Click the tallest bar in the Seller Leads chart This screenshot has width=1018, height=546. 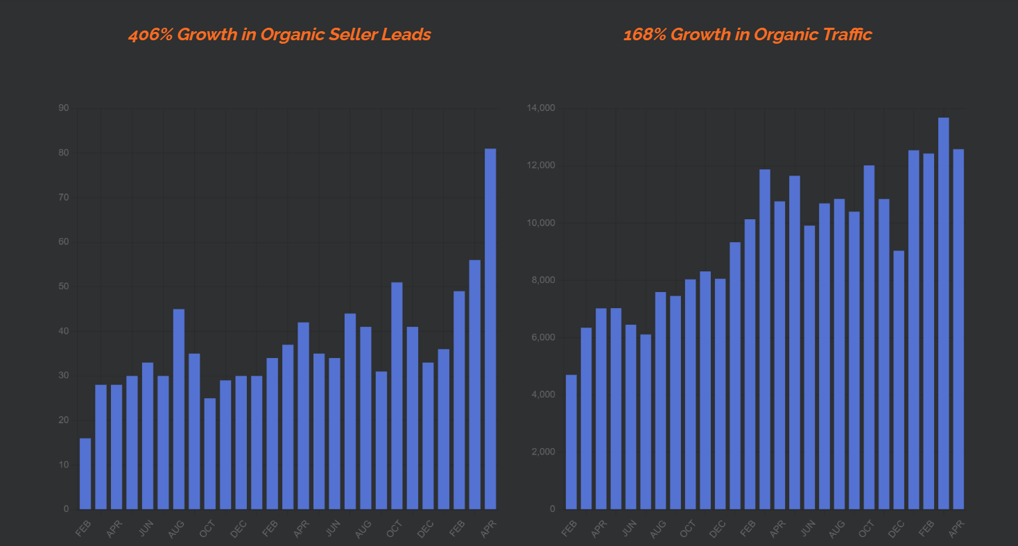point(490,329)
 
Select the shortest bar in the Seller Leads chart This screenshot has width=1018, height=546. point(85,474)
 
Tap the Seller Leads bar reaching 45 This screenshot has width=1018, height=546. point(179,409)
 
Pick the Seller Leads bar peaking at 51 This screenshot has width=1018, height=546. point(397,395)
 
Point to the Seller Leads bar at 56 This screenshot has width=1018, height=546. point(475,384)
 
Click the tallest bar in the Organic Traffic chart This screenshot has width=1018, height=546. point(943,313)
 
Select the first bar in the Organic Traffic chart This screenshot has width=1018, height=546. point(571,442)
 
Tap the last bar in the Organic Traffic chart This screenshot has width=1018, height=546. point(958,329)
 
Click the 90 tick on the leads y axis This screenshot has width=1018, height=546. point(64,108)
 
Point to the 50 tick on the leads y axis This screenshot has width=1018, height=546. point(64,287)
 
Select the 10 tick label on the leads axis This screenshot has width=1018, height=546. point(64,465)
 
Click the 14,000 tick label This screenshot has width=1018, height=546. point(541,108)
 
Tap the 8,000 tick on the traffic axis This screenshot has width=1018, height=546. point(543,280)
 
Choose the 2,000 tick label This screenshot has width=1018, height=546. point(543,452)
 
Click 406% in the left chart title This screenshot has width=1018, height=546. point(150,35)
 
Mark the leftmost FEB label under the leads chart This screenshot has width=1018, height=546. point(83,528)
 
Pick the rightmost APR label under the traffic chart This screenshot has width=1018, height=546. point(956,529)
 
